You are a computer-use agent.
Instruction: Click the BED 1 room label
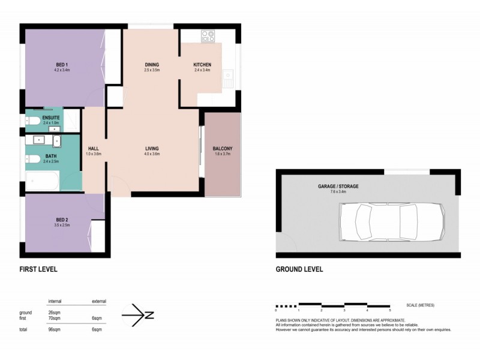(62, 64)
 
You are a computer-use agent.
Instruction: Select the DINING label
(151, 64)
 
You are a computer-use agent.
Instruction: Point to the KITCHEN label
(202, 64)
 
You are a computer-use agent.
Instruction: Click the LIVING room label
(151, 148)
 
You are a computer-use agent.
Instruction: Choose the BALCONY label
(222, 148)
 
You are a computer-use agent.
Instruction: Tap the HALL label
(93, 148)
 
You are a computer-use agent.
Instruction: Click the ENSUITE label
(51, 118)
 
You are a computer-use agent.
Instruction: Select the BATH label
(51, 157)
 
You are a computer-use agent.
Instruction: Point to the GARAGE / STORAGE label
(338, 187)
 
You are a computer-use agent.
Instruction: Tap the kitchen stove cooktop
(208, 36)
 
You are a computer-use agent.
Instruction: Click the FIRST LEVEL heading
(38, 269)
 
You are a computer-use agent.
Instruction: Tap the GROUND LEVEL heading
(299, 269)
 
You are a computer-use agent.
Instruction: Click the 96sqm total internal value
(55, 329)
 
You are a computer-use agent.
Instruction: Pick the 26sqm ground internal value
(55, 313)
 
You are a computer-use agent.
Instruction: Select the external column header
(98, 301)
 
